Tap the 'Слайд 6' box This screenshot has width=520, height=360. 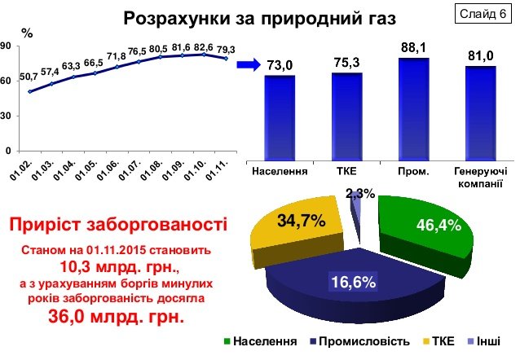[481, 15]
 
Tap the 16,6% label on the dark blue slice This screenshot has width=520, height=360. [353, 282]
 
